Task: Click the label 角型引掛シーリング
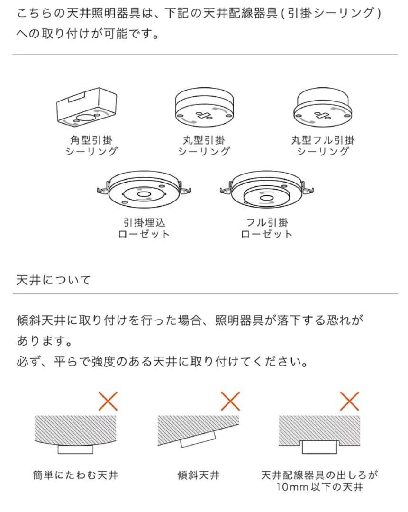point(91,146)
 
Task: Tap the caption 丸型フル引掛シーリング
point(323,146)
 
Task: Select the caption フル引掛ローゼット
point(267,228)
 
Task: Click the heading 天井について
point(53,280)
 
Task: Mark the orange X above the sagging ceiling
point(107,402)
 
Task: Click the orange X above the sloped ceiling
point(231,402)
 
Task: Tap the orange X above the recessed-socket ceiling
point(350,402)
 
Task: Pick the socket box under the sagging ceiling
point(75,449)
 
